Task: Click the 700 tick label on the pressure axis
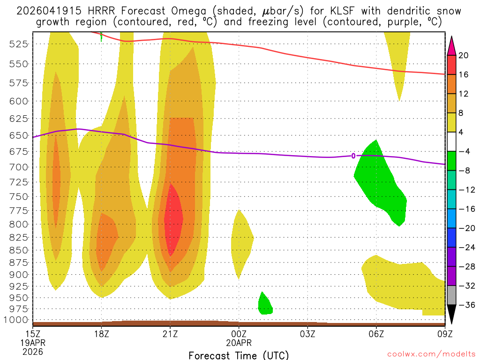pos(19,167)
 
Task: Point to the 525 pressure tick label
pos(19,44)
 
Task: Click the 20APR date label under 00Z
pos(239,343)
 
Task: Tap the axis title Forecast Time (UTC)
pos(239,355)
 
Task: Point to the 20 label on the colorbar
pos(464,55)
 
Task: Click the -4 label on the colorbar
pos(464,151)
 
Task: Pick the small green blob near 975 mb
pos(265,305)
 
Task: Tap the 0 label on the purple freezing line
pos(353,156)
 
